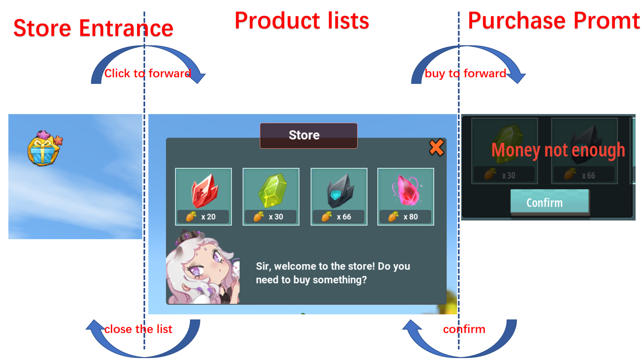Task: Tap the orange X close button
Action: pyautogui.click(x=437, y=148)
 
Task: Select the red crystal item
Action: pyautogui.click(x=204, y=190)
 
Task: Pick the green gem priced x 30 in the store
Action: pyautogui.click(x=272, y=190)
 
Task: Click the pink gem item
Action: pyautogui.click(x=406, y=190)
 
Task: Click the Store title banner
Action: pyautogui.click(x=308, y=136)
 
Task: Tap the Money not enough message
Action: pyautogui.click(x=558, y=150)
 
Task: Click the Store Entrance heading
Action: pyautogui.click(x=93, y=28)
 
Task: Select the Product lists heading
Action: pyautogui.click(x=302, y=21)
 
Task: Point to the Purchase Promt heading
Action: pyautogui.click(x=554, y=21)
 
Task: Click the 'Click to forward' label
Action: pyautogui.click(x=148, y=73)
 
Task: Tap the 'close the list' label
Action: pyautogui.click(x=138, y=329)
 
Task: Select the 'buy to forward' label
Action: pyautogui.click(x=465, y=73)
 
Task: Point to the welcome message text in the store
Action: pyautogui.click(x=333, y=273)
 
